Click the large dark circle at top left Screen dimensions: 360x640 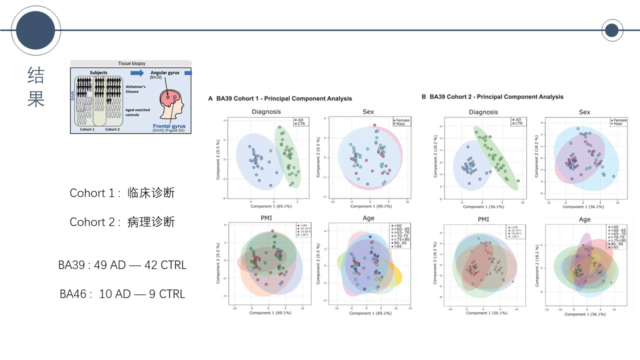pyautogui.click(x=35, y=30)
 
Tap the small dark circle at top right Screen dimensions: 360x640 pyautogui.click(x=611, y=31)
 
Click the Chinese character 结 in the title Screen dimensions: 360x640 pyautogui.click(x=36, y=75)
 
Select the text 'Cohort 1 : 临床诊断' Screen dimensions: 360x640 pyautogui.click(x=122, y=193)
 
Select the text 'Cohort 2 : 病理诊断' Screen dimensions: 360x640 pyautogui.click(x=122, y=222)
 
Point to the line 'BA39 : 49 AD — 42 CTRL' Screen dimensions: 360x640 pyautogui.click(x=122, y=265)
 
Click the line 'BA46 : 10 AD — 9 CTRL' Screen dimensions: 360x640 pyautogui.click(x=122, y=294)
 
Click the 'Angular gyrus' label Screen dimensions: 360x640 pyautogui.click(x=164, y=73)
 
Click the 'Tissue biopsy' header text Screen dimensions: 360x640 pyautogui.click(x=131, y=63)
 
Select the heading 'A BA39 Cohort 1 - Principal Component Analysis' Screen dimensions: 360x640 pyautogui.click(x=280, y=98)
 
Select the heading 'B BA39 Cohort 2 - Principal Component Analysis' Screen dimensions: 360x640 pyautogui.click(x=492, y=97)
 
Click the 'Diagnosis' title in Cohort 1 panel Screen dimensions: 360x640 pyautogui.click(x=266, y=112)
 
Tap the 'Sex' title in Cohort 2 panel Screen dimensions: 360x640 pyautogui.click(x=584, y=112)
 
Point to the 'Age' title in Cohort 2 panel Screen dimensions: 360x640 pyautogui.click(x=584, y=219)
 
